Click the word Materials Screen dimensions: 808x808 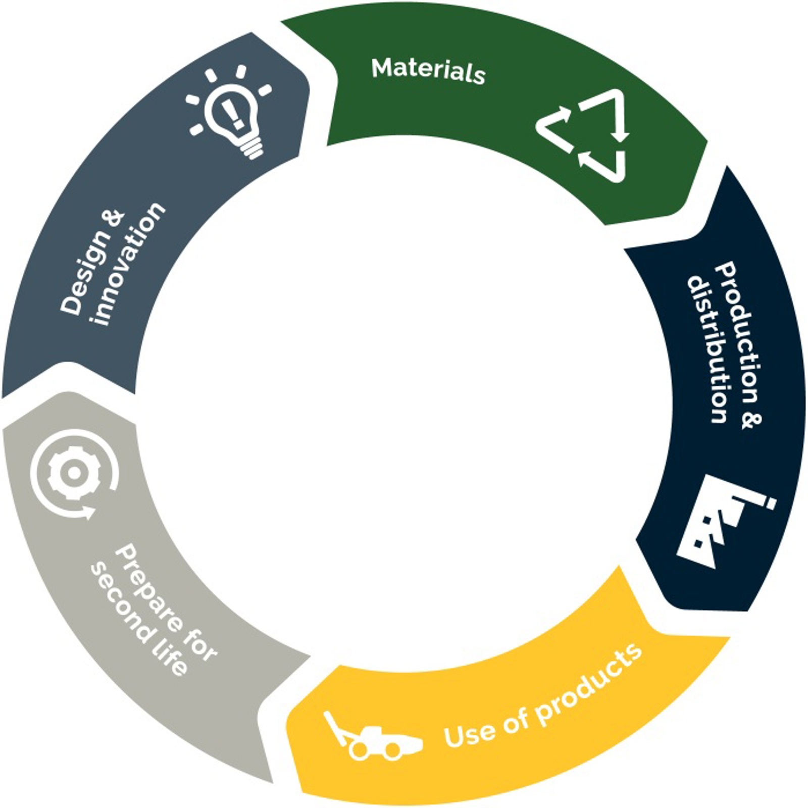pos(428,71)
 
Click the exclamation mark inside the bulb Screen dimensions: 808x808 pos(233,112)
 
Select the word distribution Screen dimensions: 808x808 pos(707,348)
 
